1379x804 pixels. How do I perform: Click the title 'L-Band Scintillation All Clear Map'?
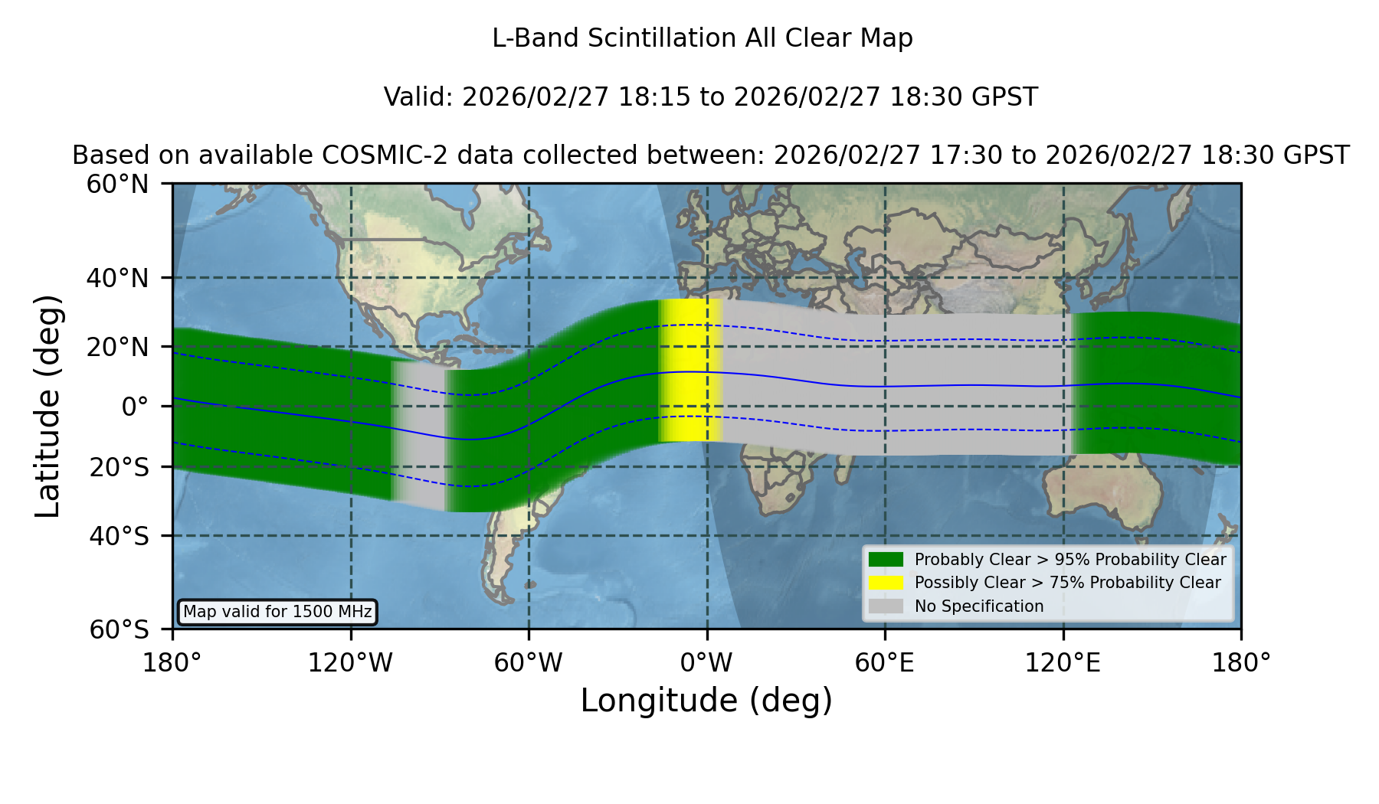(x=702, y=38)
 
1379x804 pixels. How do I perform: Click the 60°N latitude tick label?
(x=117, y=185)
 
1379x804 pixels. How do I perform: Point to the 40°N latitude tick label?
(x=117, y=278)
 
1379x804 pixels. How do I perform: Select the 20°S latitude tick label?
(x=119, y=466)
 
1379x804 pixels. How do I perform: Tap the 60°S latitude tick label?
(x=119, y=629)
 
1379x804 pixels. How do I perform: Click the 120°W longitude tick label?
(x=350, y=662)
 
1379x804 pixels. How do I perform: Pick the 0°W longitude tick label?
(x=706, y=662)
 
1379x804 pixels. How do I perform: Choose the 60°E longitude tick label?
(x=885, y=662)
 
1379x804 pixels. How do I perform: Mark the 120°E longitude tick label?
(x=1063, y=662)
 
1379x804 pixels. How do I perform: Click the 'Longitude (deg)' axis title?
(x=706, y=701)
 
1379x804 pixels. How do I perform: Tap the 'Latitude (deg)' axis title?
(x=47, y=406)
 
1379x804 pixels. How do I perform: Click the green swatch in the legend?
(x=886, y=560)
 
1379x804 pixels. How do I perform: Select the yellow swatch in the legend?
(x=886, y=583)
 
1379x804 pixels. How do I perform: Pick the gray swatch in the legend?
(x=886, y=606)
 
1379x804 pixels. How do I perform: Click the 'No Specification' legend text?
(x=979, y=606)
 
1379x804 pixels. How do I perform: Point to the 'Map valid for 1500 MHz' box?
(x=277, y=612)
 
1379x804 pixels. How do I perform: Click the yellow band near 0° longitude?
(x=690, y=371)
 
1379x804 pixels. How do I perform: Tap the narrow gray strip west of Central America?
(x=419, y=435)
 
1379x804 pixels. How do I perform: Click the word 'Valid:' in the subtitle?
(x=419, y=97)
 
